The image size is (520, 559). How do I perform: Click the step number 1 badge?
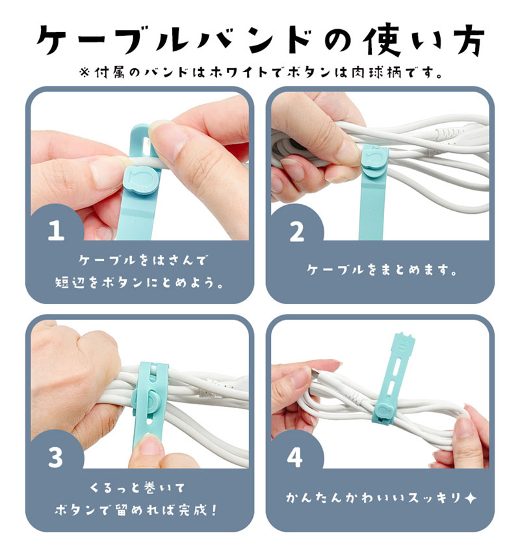pyautogui.click(x=56, y=231)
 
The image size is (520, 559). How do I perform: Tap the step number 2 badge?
pyautogui.click(x=296, y=231)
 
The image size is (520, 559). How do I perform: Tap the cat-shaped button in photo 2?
pyautogui.click(x=374, y=161)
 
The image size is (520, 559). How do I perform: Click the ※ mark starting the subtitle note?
pyautogui.click(x=83, y=73)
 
